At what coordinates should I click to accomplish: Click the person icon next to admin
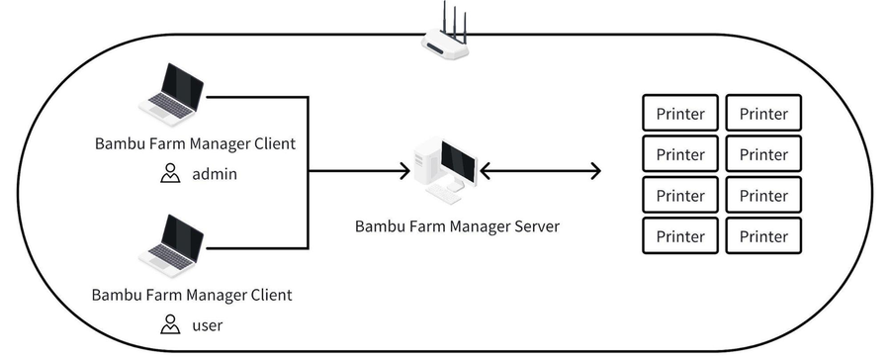tap(170, 174)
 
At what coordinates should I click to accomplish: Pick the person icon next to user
tap(170, 324)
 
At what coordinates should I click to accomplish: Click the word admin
tap(215, 174)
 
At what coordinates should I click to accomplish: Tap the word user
tap(209, 324)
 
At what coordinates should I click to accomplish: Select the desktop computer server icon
tap(444, 167)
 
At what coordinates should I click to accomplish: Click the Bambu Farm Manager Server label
tap(457, 226)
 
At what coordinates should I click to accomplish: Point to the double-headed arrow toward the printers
tap(540, 171)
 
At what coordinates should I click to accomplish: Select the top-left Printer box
tap(680, 113)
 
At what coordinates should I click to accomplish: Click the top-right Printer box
tap(763, 113)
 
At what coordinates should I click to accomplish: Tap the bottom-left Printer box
tap(680, 235)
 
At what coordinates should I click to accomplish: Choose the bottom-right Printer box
tap(763, 235)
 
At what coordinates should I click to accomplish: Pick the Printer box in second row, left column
tap(680, 154)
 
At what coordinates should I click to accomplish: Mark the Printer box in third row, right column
tap(763, 195)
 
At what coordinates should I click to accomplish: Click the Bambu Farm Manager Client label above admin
tap(195, 143)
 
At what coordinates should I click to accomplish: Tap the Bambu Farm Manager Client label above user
tap(192, 295)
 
